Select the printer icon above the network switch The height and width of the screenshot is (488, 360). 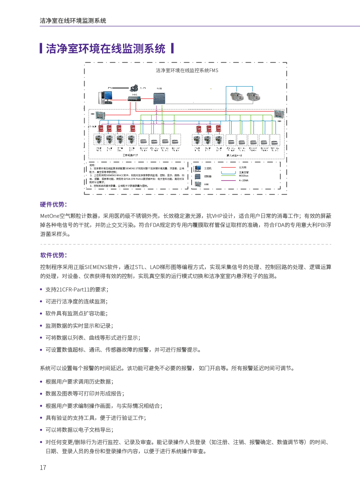tap(134, 88)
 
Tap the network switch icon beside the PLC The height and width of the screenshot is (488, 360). tap(134, 98)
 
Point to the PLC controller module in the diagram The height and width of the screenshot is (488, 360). tap(159, 98)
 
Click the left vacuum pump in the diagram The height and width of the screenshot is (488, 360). tap(237, 96)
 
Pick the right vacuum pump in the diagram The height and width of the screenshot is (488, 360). tap(253, 96)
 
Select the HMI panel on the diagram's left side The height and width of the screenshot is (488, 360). tap(100, 116)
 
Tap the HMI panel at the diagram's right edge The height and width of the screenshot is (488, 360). tap(279, 114)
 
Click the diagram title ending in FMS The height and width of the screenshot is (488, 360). tap(187, 70)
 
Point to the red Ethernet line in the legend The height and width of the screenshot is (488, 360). tap(228, 168)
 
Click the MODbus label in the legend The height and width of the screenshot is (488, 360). tap(244, 176)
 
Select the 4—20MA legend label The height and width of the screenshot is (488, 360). tap(244, 180)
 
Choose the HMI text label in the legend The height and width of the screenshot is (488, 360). tap(206, 185)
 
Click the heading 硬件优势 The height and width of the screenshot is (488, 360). tap(53, 204)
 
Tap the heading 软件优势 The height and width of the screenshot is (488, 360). tap(53, 255)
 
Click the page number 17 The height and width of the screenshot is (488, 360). tap(43, 468)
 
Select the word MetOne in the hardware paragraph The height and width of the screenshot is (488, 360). tap(50, 216)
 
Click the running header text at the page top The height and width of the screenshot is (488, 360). tap(73, 21)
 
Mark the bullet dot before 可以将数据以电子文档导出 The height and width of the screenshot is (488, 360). tap(41, 430)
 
